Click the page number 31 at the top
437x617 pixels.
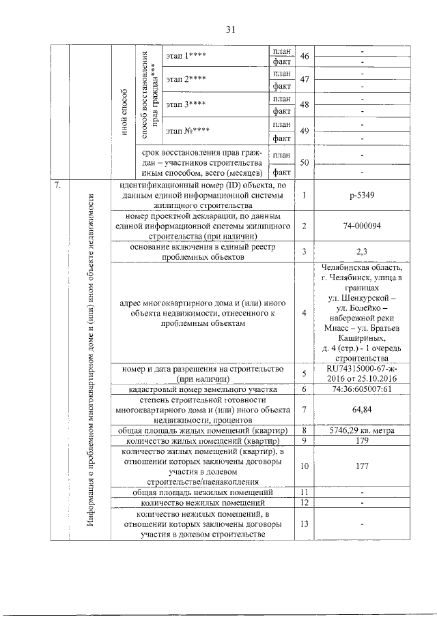[x=230, y=29]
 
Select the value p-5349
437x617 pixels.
[x=361, y=195]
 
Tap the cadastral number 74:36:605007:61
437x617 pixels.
[x=361, y=388]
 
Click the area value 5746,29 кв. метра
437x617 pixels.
[x=361, y=430]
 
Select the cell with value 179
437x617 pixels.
[x=361, y=440]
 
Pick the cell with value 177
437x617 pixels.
[x=361, y=466]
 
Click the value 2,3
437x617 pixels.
[x=361, y=252]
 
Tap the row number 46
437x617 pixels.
[x=305, y=57]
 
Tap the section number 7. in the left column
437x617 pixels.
[x=60, y=185]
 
